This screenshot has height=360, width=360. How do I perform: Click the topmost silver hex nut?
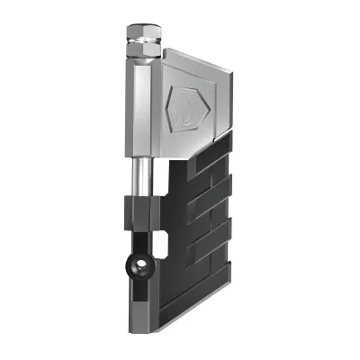click(x=141, y=34)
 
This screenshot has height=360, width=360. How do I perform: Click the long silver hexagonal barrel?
click(x=139, y=108)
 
